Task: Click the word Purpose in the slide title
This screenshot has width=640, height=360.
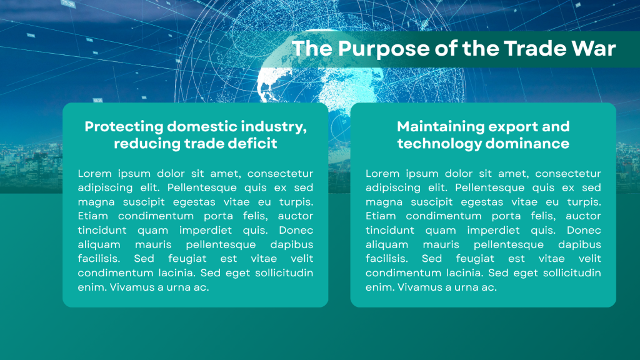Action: [384, 49]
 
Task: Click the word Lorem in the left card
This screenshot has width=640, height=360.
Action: [95, 174]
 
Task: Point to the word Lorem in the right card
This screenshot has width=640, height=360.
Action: [382, 174]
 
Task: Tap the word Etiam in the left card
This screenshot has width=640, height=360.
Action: [92, 216]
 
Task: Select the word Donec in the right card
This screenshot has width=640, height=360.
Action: [584, 230]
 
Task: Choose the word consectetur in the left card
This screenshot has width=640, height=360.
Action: [280, 174]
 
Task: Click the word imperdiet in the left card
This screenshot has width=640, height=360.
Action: [206, 231]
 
